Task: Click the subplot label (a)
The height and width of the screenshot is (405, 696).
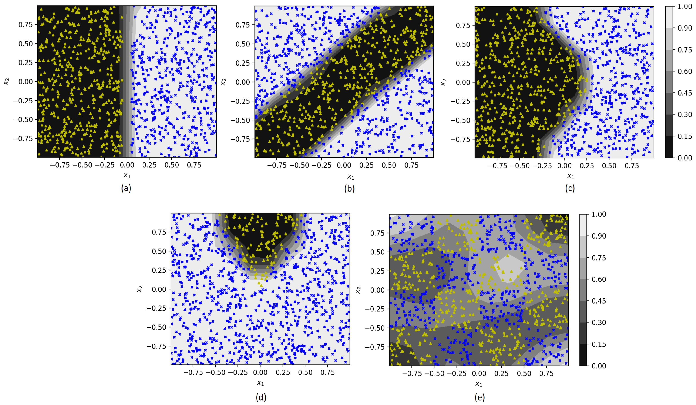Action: (x=126, y=188)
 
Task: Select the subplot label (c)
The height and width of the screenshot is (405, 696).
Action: (x=570, y=188)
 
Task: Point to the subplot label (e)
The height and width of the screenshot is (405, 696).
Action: (x=479, y=397)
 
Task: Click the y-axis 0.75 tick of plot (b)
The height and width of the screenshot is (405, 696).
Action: (x=243, y=25)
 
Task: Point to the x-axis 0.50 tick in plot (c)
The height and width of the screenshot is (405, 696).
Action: (x=609, y=166)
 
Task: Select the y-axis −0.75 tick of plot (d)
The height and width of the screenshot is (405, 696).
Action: (x=157, y=346)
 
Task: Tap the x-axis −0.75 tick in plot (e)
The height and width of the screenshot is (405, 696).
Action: (x=412, y=373)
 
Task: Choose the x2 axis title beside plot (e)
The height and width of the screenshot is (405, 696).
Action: (x=358, y=290)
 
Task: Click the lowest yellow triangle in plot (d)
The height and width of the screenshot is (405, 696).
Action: (x=261, y=285)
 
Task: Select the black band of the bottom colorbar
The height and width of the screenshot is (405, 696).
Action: (x=584, y=355)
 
